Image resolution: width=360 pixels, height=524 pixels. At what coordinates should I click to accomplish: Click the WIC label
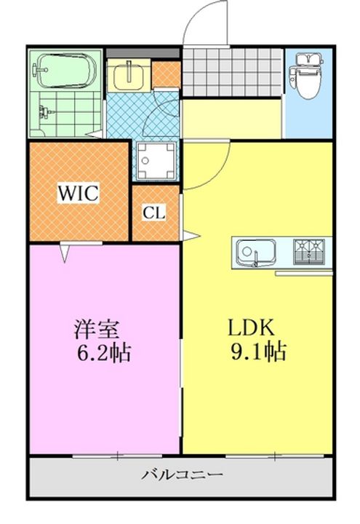pos(80,194)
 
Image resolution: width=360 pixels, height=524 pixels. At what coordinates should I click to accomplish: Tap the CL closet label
pos(153,213)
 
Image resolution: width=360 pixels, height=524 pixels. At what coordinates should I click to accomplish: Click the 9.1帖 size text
pos(258,353)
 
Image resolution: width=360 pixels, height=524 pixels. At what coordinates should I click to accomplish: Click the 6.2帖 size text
pos(104,354)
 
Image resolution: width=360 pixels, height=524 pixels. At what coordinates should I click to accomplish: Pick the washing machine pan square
pos(156,159)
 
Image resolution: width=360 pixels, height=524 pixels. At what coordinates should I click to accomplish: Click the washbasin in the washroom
pos(129,75)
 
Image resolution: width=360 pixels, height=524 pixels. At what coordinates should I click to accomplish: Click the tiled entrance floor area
pos(231,73)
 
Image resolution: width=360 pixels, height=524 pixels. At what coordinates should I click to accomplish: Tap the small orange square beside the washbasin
pos(165,75)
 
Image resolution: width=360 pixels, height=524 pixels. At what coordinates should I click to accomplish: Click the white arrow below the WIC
pos(66,251)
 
